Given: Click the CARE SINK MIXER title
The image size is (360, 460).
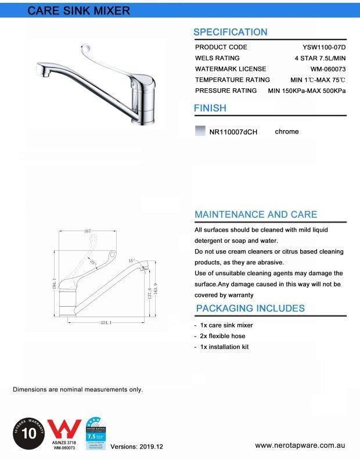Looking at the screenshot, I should [x=79, y=10].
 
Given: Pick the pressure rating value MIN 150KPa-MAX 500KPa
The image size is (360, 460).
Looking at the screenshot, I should [x=307, y=91].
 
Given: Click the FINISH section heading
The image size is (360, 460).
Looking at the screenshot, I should [x=210, y=108].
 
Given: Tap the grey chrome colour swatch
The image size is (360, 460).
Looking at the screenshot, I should [x=200, y=131].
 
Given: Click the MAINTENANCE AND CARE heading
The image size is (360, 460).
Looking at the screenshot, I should [x=255, y=214].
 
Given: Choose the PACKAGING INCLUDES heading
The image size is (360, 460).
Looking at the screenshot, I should [x=250, y=308].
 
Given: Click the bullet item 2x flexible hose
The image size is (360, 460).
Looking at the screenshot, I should [x=222, y=336].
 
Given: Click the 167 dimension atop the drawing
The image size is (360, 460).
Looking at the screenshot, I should [x=88, y=231].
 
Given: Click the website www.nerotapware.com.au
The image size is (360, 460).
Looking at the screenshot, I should [x=301, y=445].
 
